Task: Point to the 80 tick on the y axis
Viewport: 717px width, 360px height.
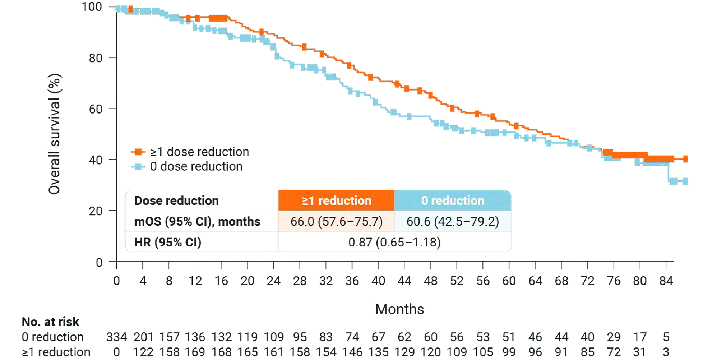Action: tap(96, 58)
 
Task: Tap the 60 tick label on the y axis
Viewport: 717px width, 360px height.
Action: tap(96, 109)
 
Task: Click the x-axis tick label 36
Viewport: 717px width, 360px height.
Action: tap(352, 281)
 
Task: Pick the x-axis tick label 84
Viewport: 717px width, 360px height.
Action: tap(666, 281)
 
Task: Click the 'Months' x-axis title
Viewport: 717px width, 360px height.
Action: tap(399, 309)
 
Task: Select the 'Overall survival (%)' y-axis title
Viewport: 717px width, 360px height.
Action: tap(55, 134)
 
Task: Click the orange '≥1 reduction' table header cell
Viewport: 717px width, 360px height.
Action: tap(336, 200)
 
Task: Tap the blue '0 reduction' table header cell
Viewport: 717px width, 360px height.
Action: tap(453, 200)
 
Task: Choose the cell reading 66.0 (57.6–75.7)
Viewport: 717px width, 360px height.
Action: tap(336, 221)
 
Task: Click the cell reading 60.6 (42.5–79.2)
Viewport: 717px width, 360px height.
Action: tap(453, 221)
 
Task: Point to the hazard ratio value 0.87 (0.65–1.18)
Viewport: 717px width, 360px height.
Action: tap(394, 243)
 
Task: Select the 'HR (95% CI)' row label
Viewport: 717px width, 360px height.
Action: tap(168, 243)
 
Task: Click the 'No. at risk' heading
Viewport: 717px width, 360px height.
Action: tap(50, 322)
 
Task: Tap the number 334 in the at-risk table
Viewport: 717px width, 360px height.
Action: tap(117, 337)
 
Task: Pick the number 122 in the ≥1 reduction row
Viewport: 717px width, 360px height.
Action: tap(143, 352)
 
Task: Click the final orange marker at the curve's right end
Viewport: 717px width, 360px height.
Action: tap(685, 159)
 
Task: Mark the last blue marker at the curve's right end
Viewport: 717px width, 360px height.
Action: tap(685, 182)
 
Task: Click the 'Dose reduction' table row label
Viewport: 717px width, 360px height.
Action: tap(176, 200)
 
